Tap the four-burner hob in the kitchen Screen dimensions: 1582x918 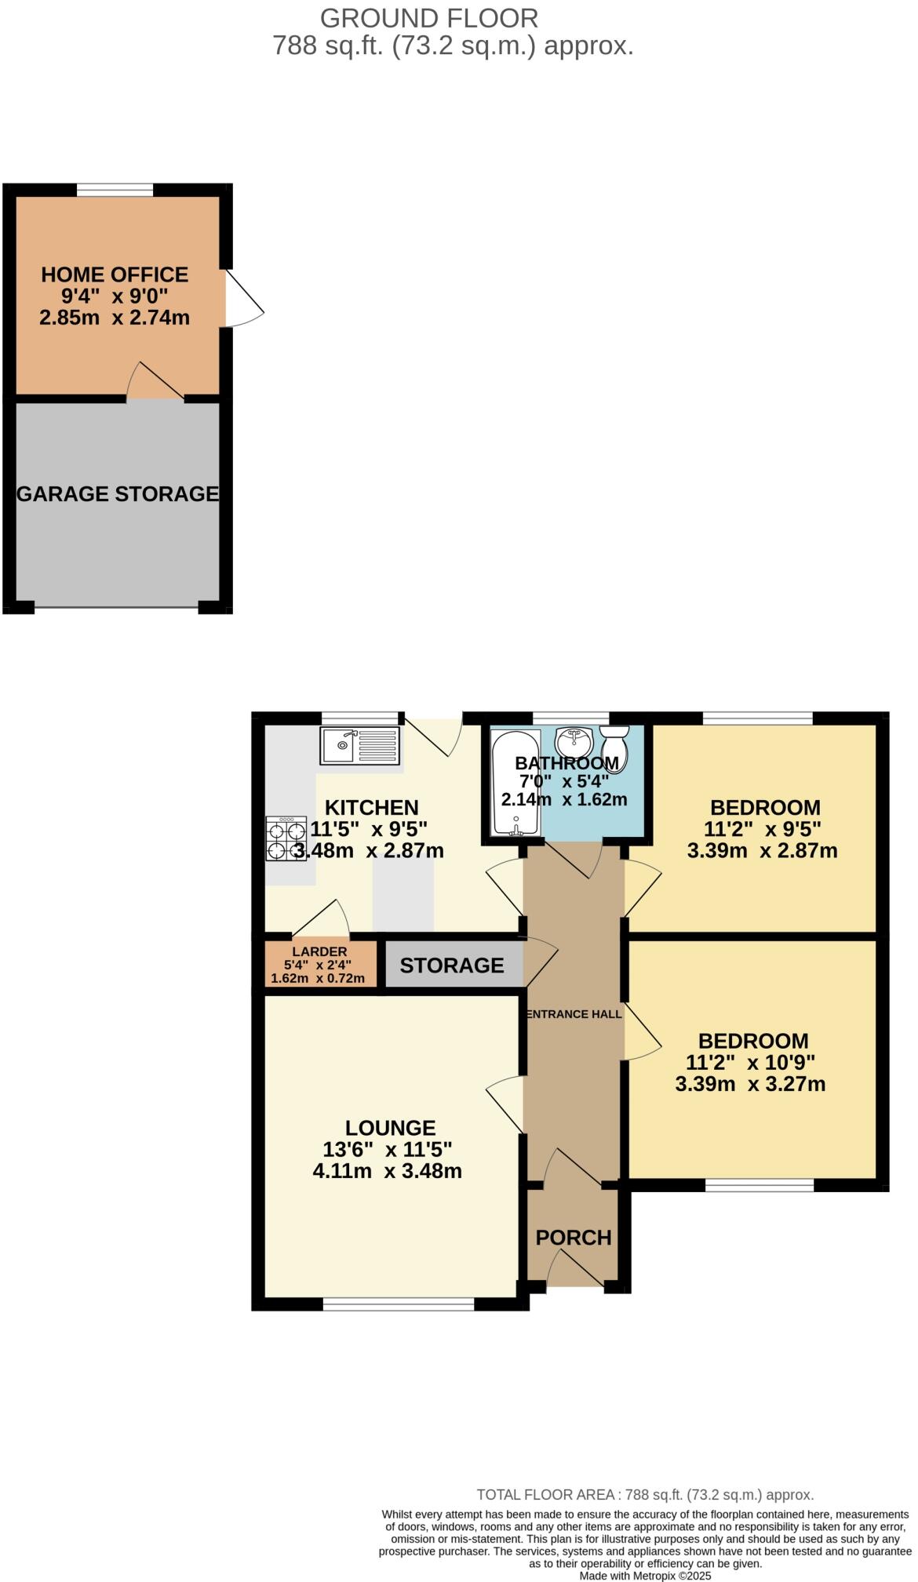point(286,838)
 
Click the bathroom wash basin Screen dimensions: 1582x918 point(574,740)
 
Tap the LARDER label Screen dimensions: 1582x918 point(319,951)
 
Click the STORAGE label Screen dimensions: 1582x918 point(452,965)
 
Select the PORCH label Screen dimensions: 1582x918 point(574,1237)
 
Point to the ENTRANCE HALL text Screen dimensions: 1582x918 point(574,1013)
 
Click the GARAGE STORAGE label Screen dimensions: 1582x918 point(118,493)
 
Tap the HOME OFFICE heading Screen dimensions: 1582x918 point(115,275)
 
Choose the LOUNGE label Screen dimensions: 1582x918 point(391,1127)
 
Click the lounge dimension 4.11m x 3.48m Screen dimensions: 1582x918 point(387,1171)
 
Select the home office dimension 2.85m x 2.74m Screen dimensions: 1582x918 point(115,318)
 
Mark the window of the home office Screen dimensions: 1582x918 point(115,189)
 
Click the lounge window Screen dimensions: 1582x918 point(399,1304)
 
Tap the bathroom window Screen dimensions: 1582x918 point(571,717)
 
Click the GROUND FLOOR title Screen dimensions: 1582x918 point(429,18)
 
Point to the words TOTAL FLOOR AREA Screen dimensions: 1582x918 point(545,1495)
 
